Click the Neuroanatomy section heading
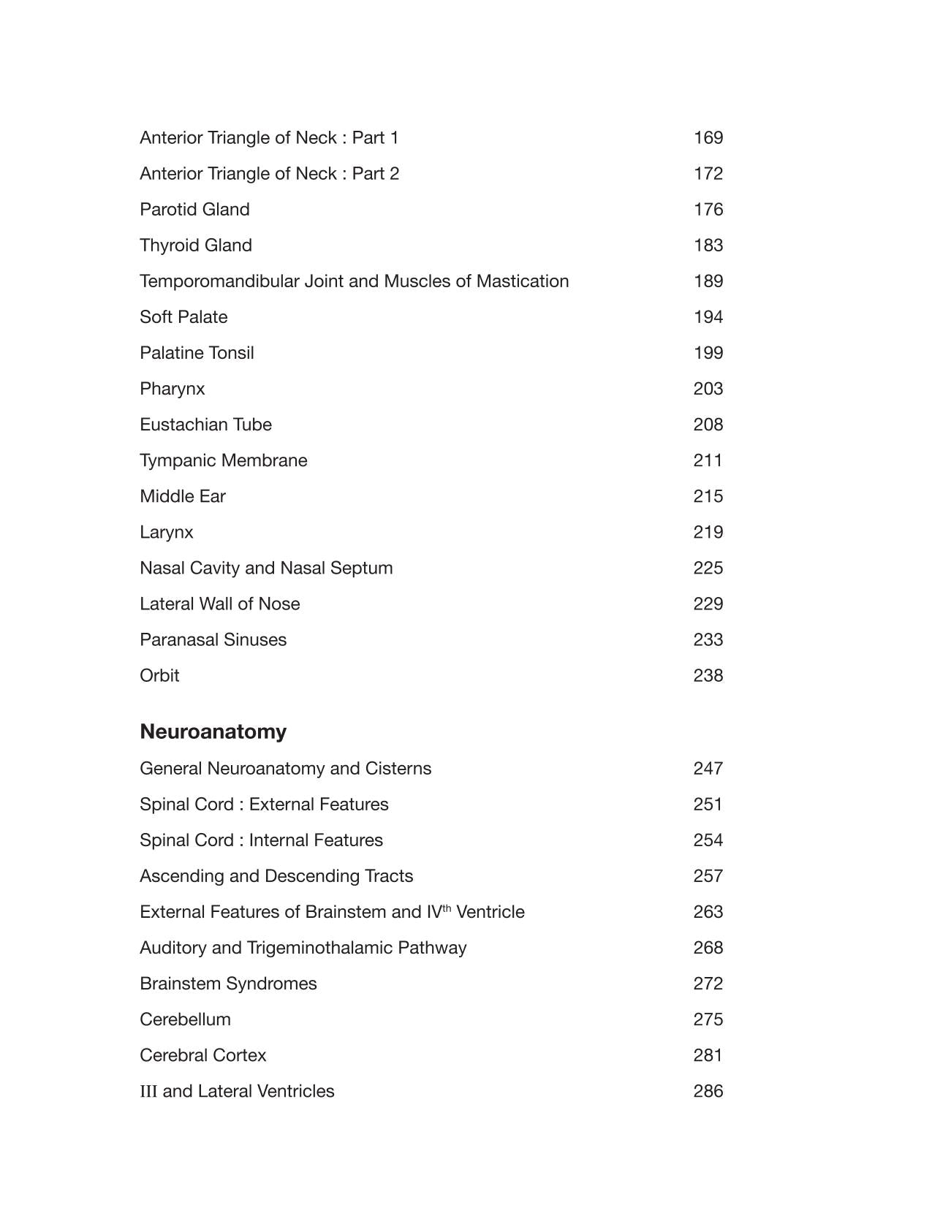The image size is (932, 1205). point(213,731)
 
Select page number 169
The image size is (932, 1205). point(708,138)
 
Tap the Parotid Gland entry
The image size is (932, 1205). point(194,210)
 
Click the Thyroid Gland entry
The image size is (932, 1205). point(195,246)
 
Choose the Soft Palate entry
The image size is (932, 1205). point(183,317)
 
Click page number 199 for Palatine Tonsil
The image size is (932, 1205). point(708,353)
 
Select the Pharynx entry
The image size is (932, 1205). point(172,389)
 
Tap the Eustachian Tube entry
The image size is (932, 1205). point(205,425)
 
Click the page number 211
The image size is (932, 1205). point(708,460)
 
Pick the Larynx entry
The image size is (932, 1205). point(166,532)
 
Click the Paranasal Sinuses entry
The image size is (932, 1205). point(213,639)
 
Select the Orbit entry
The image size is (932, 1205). point(159,675)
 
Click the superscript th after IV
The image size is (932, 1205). point(447,908)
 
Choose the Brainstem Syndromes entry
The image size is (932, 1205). point(228,984)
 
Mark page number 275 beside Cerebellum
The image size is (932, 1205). point(708,1019)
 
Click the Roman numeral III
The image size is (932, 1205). point(148,1091)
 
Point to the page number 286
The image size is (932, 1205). point(708,1091)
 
